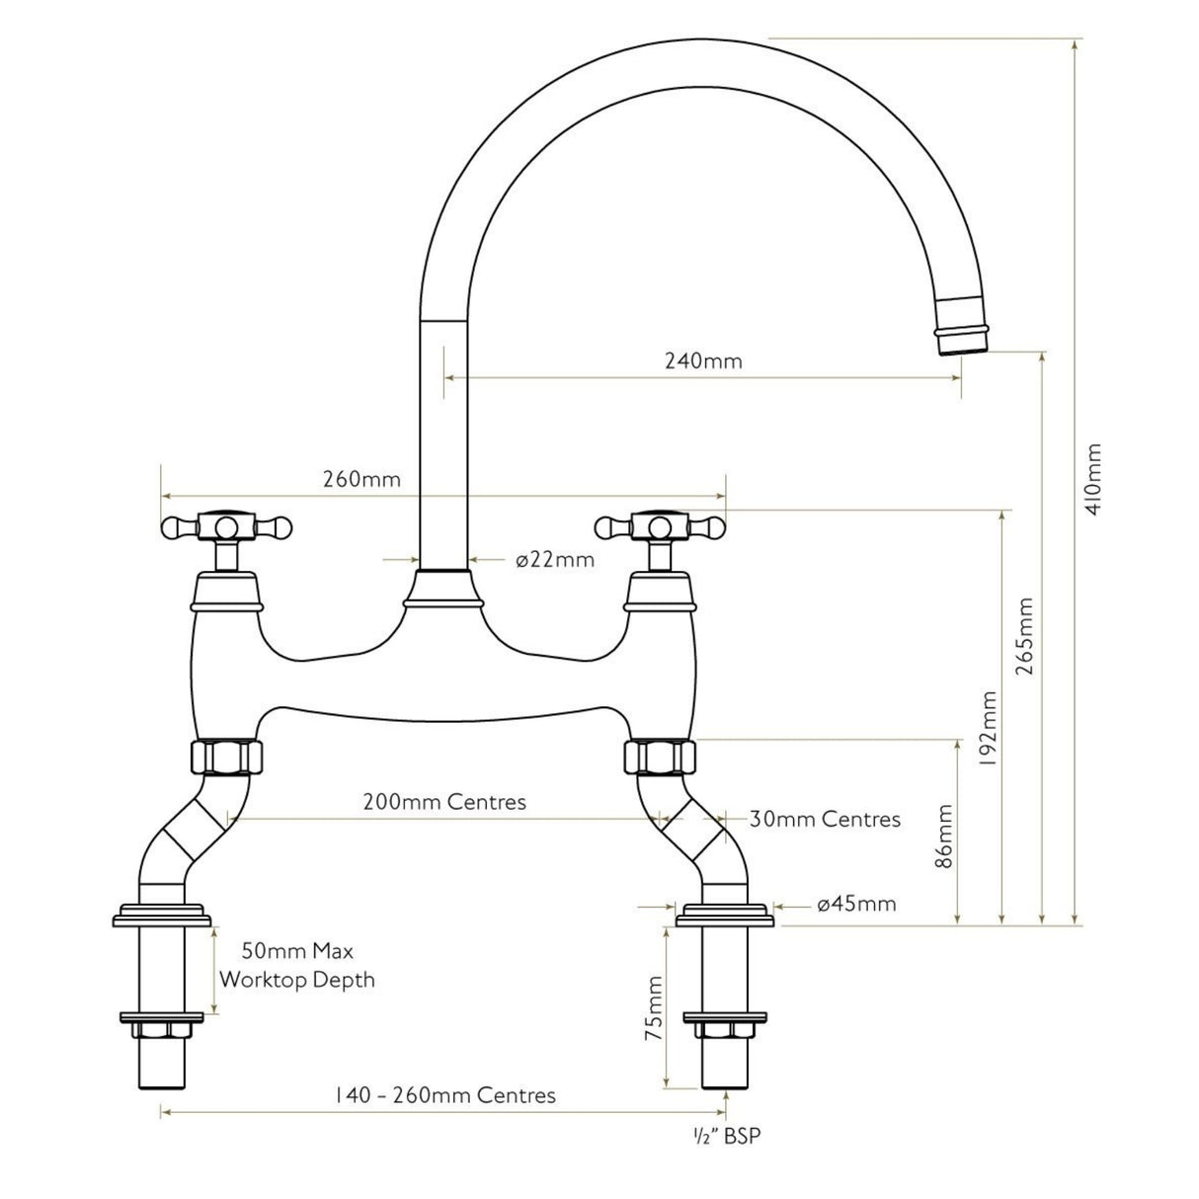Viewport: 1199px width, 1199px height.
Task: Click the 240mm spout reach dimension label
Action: pos(702,360)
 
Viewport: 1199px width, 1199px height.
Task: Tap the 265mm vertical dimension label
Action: pos(1026,635)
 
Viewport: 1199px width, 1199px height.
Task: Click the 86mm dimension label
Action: pos(945,835)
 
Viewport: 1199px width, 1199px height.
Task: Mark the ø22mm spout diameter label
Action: pos(554,560)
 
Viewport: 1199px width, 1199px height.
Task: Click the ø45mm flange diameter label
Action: pos(856,904)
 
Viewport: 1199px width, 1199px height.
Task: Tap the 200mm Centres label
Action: pos(444,801)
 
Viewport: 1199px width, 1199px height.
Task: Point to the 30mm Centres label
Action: pos(825,819)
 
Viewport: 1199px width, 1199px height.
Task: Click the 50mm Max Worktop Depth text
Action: pos(296,966)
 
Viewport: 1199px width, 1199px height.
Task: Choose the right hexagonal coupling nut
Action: pos(660,759)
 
